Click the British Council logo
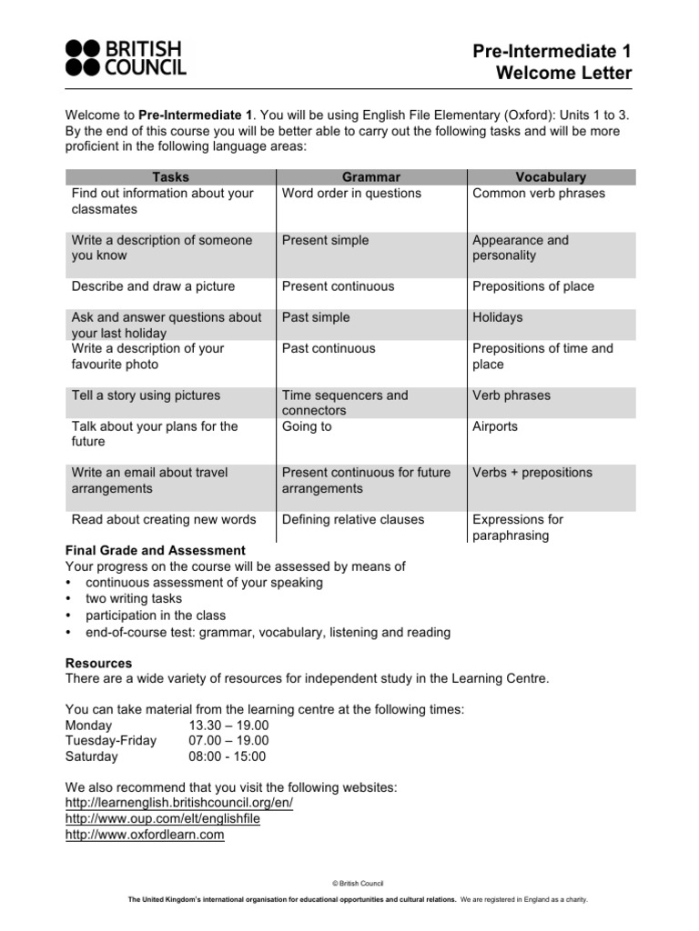(x=126, y=56)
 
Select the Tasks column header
(x=170, y=177)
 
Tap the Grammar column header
(x=370, y=177)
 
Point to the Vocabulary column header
(x=550, y=177)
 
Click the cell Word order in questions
(x=351, y=194)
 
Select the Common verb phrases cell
(x=538, y=194)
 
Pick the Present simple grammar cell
(x=325, y=241)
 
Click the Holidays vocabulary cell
(x=497, y=318)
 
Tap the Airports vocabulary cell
(x=494, y=426)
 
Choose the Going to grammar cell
(x=307, y=426)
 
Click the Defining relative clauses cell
(x=353, y=520)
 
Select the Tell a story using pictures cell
(x=146, y=396)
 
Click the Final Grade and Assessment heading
(x=156, y=551)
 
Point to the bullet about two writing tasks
(x=133, y=599)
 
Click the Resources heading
(x=99, y=664)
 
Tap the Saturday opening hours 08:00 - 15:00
(x=228, y=756)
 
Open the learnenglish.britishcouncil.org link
(x=179, y=804)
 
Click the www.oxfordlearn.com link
(x=145, y=835)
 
